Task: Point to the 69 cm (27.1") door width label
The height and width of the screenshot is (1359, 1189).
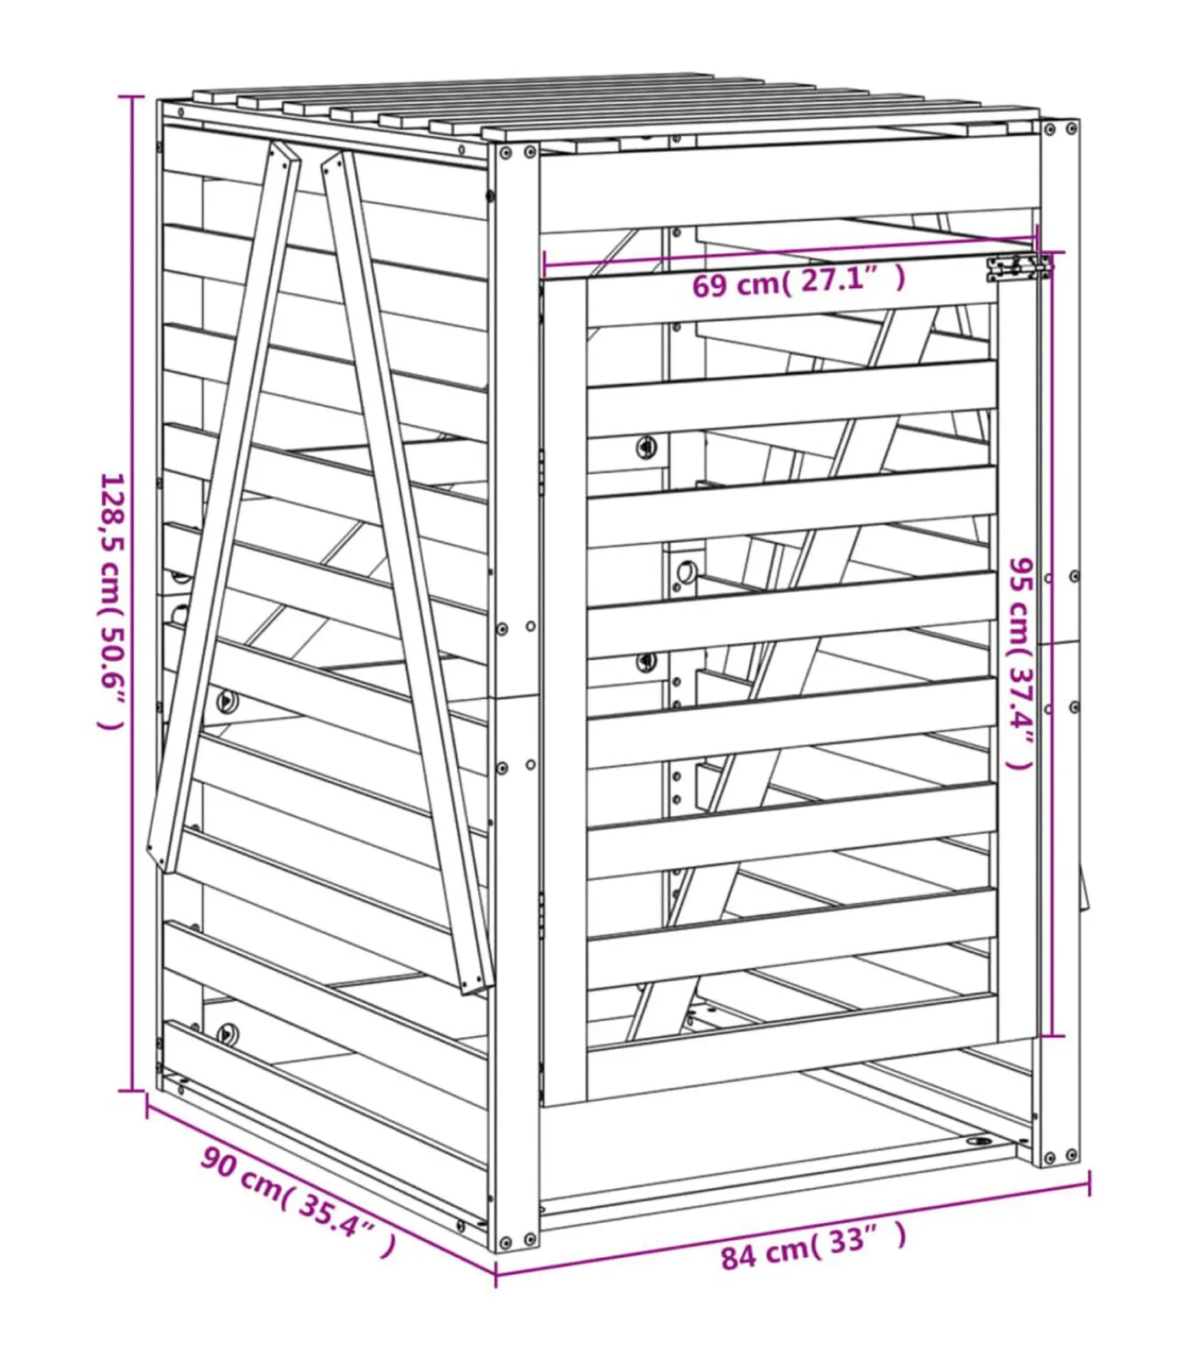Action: coord(798,281)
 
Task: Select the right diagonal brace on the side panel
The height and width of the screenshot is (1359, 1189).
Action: coord(408,569)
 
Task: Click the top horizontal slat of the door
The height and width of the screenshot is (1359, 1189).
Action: coord(790,300)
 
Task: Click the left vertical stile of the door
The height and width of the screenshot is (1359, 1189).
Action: coord(564,688)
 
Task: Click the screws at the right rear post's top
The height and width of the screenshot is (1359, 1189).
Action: coord(1061,130)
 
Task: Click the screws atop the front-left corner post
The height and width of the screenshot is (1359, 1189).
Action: coord(517,154)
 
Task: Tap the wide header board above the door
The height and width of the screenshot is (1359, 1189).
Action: coord(788,187)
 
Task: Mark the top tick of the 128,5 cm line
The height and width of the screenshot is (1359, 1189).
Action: coord(131,97)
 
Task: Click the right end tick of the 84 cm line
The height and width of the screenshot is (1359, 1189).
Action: coord(1089,1182)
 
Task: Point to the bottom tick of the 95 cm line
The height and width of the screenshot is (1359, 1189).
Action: coord(1052,1036)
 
